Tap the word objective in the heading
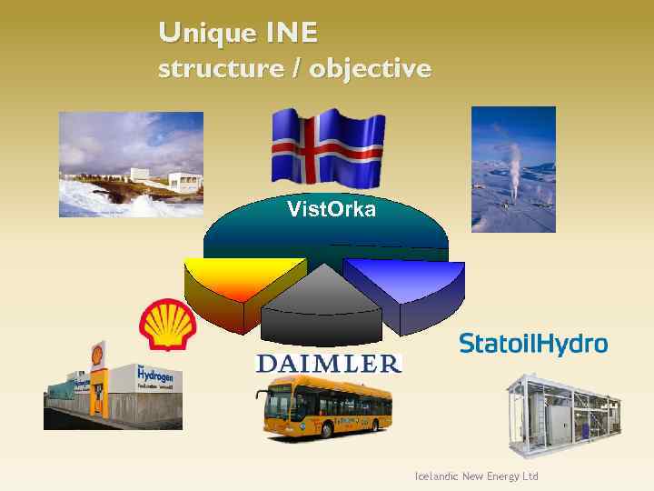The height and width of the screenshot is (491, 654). coord(371,69)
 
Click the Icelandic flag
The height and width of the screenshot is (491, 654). coord(328,146)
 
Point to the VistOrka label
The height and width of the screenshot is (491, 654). coord(331,211)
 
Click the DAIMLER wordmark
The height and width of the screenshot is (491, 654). coord(328,364)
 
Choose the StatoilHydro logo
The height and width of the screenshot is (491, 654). coord(532,344)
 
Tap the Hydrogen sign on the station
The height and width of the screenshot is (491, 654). coord(154,375)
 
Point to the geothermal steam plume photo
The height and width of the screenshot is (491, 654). coord(513,169)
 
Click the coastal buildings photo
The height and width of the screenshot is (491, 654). coord(131,165)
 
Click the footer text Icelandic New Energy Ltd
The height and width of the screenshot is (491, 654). coord(476,476)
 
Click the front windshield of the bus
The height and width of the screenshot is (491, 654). coord(273,406)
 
